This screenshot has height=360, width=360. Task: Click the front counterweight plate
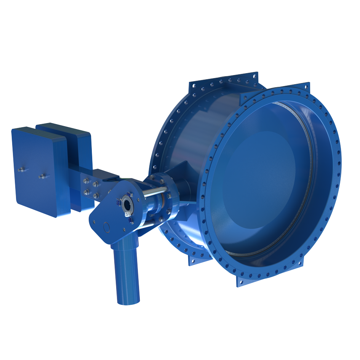[x=38, y=171]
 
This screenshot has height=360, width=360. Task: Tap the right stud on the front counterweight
[x=43, y=176]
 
